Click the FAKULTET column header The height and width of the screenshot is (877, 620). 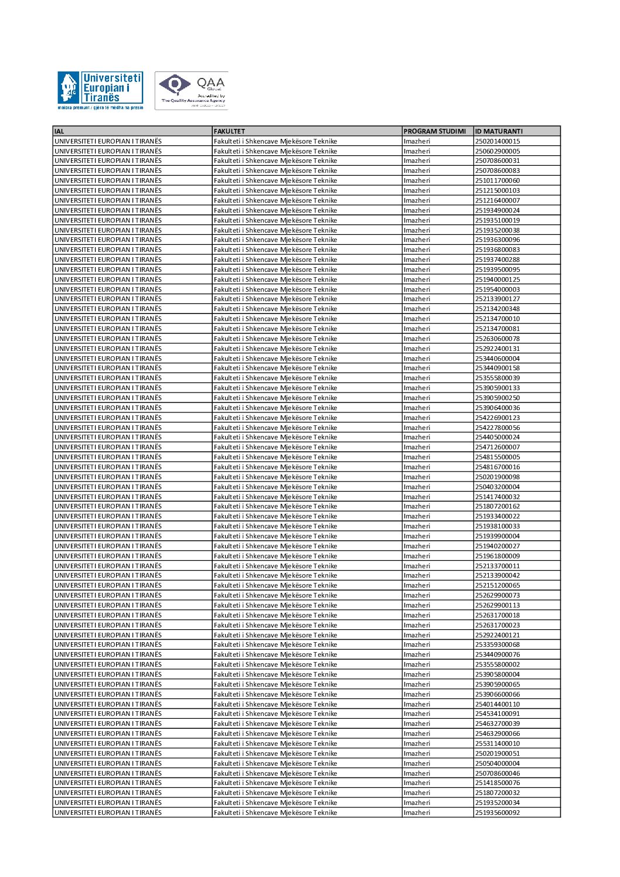coord(230,131)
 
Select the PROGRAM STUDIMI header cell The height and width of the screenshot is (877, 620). coord(435,131)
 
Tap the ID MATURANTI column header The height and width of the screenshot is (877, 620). coord(499,131)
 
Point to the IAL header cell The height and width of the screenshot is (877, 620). coord(59,131)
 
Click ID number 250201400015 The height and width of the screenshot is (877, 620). coord(497,141)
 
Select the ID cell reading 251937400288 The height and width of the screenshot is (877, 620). coord(497,260)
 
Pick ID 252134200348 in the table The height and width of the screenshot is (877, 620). coord(497,309)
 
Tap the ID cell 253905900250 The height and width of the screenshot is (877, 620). coord(497,398)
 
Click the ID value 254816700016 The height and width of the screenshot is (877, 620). coord(497,467)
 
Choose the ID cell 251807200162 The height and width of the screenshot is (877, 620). coord(497,506)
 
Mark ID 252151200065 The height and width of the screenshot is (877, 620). coord(497,585)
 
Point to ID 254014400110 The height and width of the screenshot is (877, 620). coord(497,704)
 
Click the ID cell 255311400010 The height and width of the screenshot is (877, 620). coord(497,743)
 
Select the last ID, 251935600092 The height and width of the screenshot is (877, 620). coord(497,813)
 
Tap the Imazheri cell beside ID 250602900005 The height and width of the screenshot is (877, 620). coord(417,151)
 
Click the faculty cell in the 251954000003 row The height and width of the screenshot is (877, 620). coord(275,289)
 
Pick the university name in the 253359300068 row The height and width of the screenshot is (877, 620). coord(108,644)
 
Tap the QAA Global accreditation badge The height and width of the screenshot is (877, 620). coord(192,90)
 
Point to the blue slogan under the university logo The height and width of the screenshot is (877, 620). coord(100,108)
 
